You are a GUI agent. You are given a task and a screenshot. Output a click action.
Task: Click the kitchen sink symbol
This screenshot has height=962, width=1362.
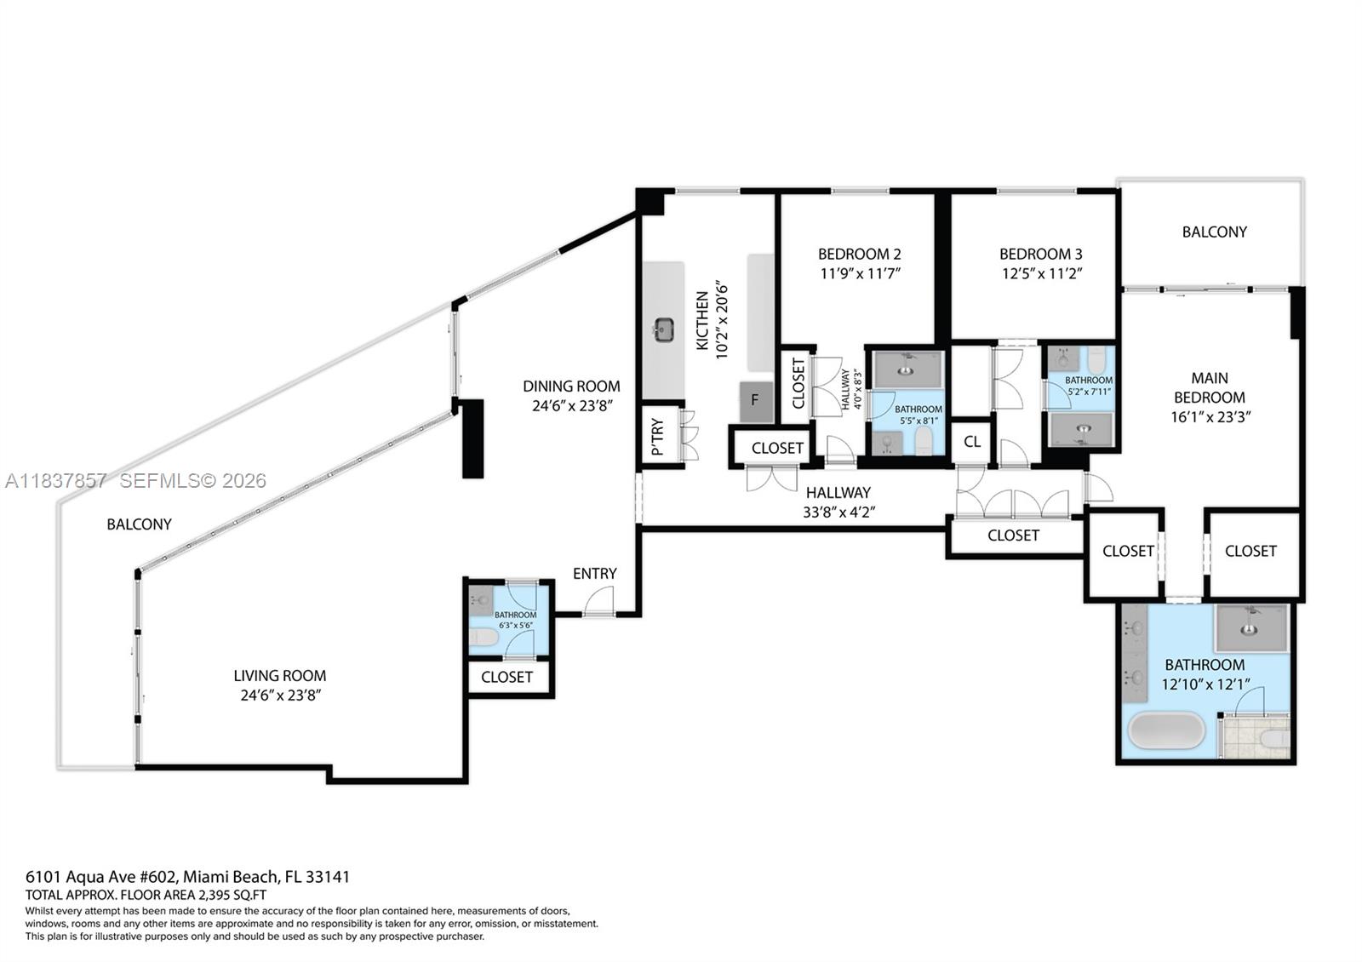pos(664,329)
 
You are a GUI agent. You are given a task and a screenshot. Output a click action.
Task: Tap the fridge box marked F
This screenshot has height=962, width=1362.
pos(756,401)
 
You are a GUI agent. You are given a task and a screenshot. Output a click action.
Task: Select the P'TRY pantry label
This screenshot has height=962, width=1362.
pos(658,438)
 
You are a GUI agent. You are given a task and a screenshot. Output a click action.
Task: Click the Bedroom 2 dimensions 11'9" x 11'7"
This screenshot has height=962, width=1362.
pos(859,273)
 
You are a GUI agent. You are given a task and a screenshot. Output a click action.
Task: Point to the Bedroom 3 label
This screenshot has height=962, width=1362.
pos(1040,254)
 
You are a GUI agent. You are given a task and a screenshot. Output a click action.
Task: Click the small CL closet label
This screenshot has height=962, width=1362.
pos(971,442)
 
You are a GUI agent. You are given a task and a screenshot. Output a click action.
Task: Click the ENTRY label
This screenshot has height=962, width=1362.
pos(594,574)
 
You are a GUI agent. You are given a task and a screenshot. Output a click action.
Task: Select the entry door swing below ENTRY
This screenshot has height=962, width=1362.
pos(598,602)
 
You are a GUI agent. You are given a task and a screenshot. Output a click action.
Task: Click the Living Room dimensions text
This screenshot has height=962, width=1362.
pos(280,696)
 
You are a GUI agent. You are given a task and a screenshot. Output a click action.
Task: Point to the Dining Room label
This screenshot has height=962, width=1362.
pos(571,387)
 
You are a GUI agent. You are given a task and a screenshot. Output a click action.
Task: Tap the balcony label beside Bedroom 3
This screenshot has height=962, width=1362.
pos(1214,232)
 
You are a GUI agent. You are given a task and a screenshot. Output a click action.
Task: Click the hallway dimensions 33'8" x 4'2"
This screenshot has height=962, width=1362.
pos(838,512)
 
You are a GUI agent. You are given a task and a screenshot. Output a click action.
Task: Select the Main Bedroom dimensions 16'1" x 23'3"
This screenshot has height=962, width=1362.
pos(1210,417)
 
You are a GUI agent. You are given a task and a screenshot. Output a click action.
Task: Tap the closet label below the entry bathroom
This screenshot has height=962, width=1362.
pos(506,677)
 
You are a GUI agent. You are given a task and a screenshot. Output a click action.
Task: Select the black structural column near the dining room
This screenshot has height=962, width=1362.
pos(472,438)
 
